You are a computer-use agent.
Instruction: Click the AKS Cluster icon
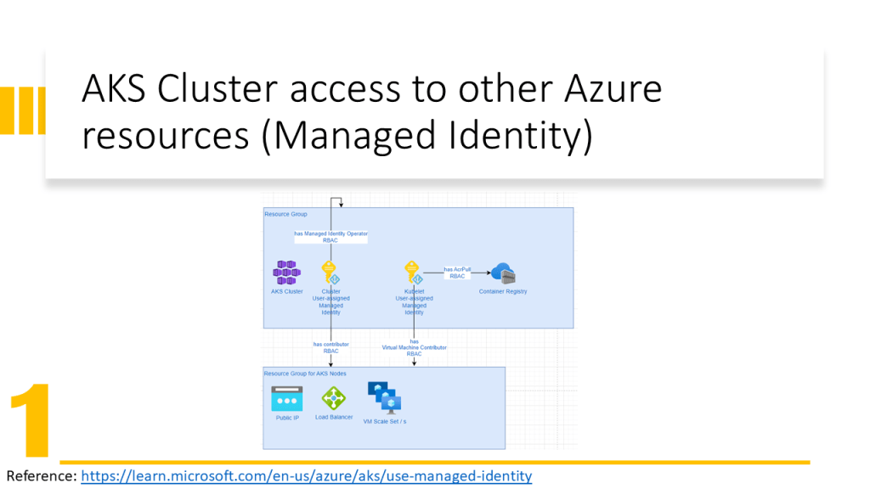click(286, 273)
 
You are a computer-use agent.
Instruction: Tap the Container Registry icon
click(503, 273)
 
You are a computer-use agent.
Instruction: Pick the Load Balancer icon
click(333, 398)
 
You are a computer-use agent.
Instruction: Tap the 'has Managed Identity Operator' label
click(331, 233)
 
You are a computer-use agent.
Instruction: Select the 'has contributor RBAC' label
click(330, 345)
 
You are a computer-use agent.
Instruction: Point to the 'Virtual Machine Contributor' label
click(414, 347)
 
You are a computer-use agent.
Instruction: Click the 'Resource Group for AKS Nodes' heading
click(305, 374)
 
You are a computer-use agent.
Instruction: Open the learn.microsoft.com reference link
click(306, 476)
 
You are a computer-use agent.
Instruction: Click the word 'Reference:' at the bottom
click(42, 476)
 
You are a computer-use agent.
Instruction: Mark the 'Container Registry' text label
click(503, 291)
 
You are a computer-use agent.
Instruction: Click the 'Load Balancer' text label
click(334, 417)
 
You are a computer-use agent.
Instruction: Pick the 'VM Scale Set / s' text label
click(385, 421)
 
